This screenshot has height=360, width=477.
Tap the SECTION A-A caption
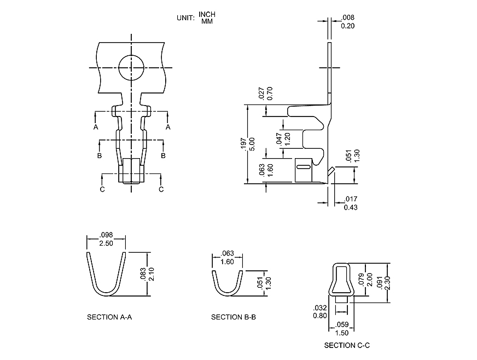pos(109,317)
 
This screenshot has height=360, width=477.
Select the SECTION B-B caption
pos(234,317)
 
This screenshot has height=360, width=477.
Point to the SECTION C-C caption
pos(347,345)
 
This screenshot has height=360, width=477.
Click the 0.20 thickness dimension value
pos(347,25)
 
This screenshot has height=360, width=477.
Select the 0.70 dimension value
pos(269,95)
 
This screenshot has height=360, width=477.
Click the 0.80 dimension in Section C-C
pos(320,315)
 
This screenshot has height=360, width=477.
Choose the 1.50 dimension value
pos(341,333)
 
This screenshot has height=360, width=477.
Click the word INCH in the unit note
pos(207,14)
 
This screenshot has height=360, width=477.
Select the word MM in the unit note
pos(207,21)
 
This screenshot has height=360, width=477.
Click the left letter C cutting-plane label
pos(102,189)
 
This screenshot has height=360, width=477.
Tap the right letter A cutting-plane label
pos(168,127)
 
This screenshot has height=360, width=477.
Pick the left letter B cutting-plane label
pos(99,156)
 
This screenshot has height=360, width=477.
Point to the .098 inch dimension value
pos(106,235)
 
